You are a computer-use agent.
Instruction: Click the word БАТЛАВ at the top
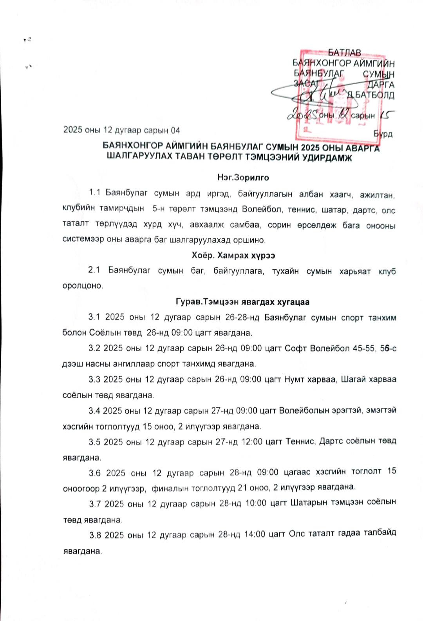pyautogui.click(x=344, y=53)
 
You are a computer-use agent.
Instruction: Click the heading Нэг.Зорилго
pyautogui.click(x=243, y=178)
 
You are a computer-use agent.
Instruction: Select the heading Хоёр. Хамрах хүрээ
pyautogui.click(x=233, y=256)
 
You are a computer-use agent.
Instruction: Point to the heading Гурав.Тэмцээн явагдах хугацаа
pyautogui.click(x=242, y=302)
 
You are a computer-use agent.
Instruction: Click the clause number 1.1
pyautogui.click(x=95, y=192)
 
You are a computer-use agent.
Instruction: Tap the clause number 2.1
pyautogui.click(x=94, y=270)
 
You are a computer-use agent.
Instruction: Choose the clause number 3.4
pyautogui.click(x=94, y=411)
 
